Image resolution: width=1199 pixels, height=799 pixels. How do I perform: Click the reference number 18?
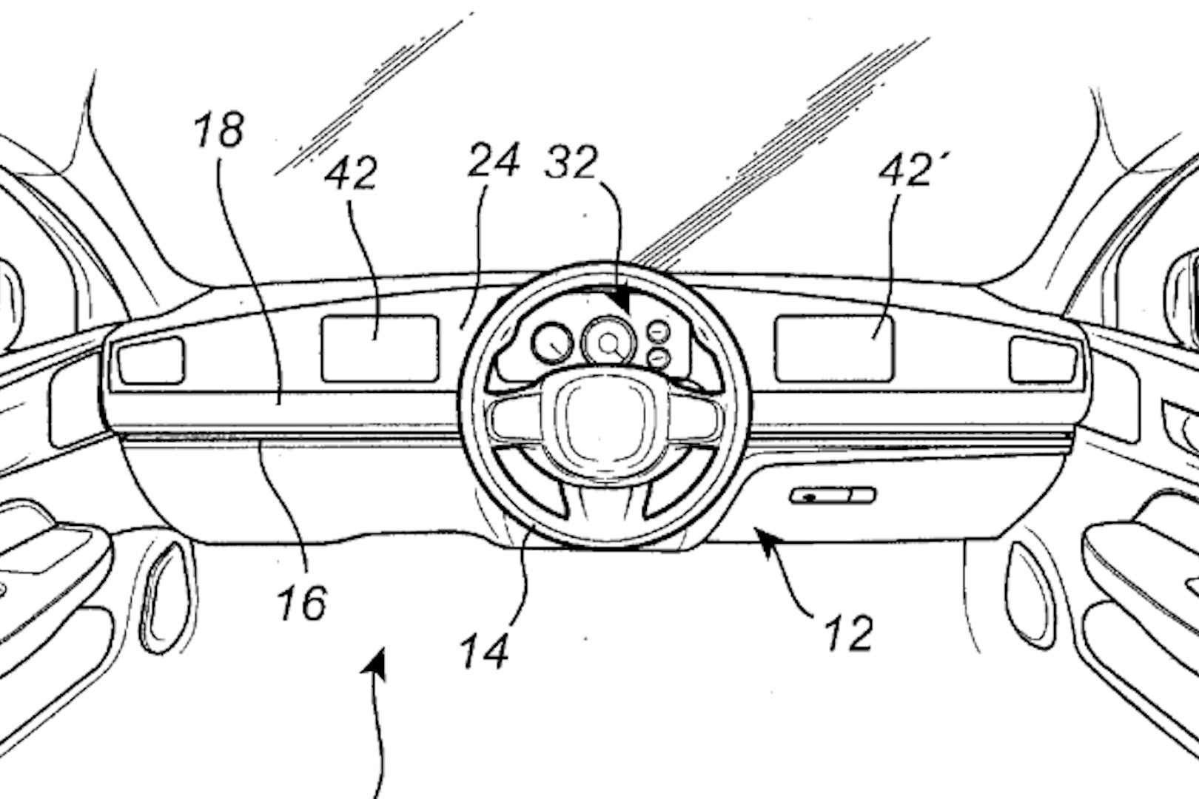[220, 130]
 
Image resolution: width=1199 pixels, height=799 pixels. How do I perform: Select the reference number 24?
[494, 162]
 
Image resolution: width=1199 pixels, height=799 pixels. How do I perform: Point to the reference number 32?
[571, 162]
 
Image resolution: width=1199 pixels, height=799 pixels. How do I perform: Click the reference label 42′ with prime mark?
[907, 172]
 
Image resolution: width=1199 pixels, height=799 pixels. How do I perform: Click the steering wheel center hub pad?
[605, 421]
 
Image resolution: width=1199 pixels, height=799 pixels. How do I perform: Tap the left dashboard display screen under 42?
[380, 348]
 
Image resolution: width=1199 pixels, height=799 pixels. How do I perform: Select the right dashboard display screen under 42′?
[834, 348]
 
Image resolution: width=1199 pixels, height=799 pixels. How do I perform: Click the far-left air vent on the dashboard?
[151, 360]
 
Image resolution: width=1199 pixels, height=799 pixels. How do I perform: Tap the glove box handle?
[832, 496]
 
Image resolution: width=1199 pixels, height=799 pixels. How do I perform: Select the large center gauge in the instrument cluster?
[608, 342]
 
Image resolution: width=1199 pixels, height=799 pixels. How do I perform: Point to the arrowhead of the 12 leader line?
[762, 534]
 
